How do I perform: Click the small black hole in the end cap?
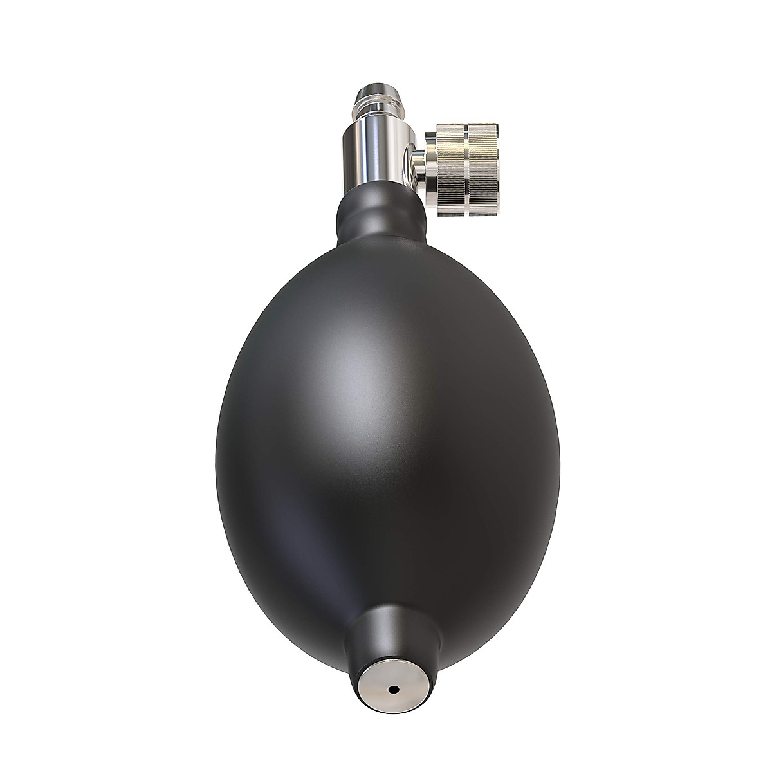(x=392, y=689)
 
